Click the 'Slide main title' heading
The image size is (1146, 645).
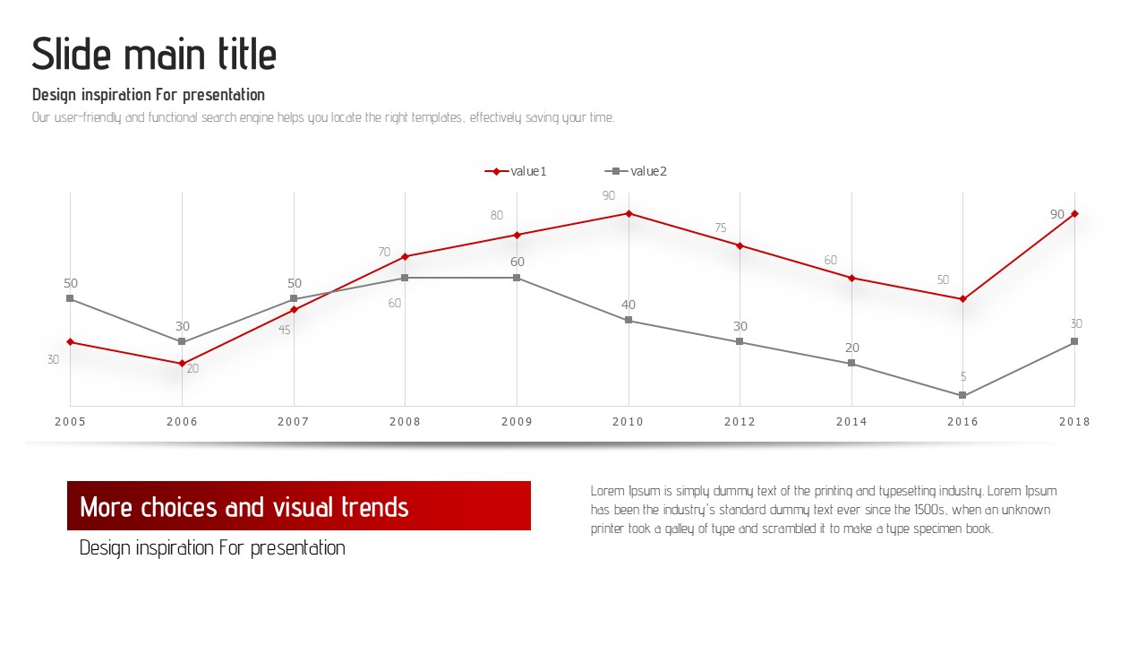[154, 55]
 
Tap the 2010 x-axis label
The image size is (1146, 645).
[629, 422]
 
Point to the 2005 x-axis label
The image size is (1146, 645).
[71, 422]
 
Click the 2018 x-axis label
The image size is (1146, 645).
[1074, 422]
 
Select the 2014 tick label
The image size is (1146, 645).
[851, 422]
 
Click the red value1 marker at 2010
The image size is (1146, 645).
[629, 213]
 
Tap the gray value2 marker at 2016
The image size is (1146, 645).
[962, 395]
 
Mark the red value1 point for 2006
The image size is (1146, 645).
[182, 364]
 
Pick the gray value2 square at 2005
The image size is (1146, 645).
[71, 298]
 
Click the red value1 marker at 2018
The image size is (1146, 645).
[1074, 213]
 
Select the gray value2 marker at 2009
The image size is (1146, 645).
[517, 278]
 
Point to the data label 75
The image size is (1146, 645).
[721, 228]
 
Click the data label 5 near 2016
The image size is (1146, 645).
[963, 377]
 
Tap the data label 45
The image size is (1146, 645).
[285, 330]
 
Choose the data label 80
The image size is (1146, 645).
[497, 215]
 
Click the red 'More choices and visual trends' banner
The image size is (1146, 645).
[299, 506]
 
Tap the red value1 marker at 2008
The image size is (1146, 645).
[405, 256]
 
